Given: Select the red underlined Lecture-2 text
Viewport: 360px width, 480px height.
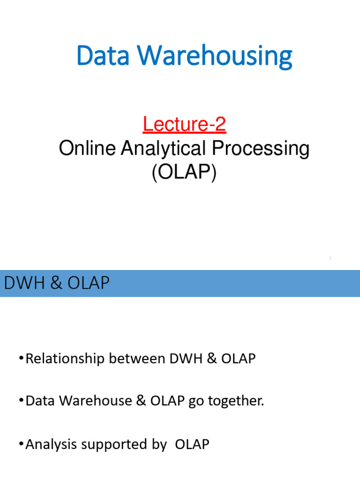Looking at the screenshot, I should pos(184,124).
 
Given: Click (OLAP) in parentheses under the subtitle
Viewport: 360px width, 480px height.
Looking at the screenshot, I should pos(184,172).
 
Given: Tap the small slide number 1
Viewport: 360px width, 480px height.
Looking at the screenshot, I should pos(330,258).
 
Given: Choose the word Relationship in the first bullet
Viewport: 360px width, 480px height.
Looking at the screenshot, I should pos(65,360).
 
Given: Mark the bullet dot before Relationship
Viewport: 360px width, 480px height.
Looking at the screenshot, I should pos(22,359).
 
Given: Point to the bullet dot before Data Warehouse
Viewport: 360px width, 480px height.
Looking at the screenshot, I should pos(22,401).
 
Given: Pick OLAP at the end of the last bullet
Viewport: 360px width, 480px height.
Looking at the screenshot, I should pos(192,444).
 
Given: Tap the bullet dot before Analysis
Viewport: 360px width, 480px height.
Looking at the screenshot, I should pos(22,443).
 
